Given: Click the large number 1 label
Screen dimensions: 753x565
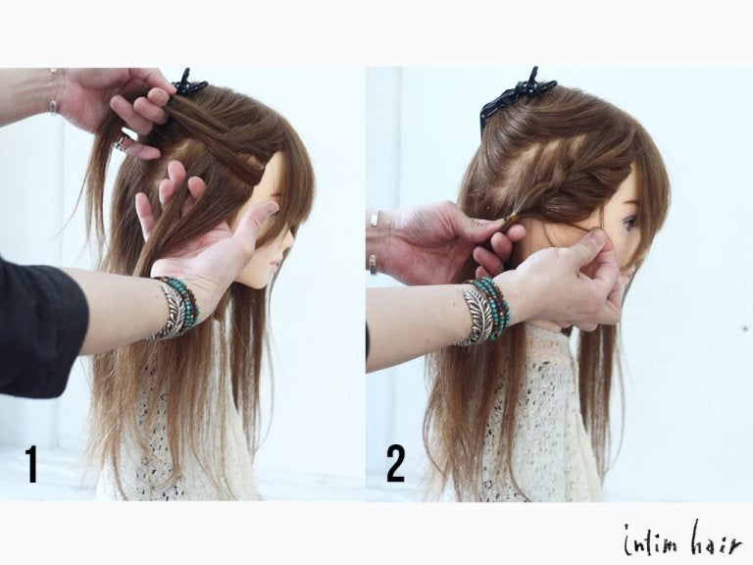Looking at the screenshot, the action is (x=31, y=464).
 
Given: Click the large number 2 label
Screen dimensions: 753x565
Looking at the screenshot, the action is (x=396, y=464).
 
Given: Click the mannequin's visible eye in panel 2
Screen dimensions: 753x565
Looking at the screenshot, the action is (x=629, y=223).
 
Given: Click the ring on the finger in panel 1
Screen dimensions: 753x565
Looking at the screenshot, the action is (x=121, y=142).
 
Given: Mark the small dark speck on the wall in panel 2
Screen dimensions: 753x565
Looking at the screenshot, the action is (x=745, y=329).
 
